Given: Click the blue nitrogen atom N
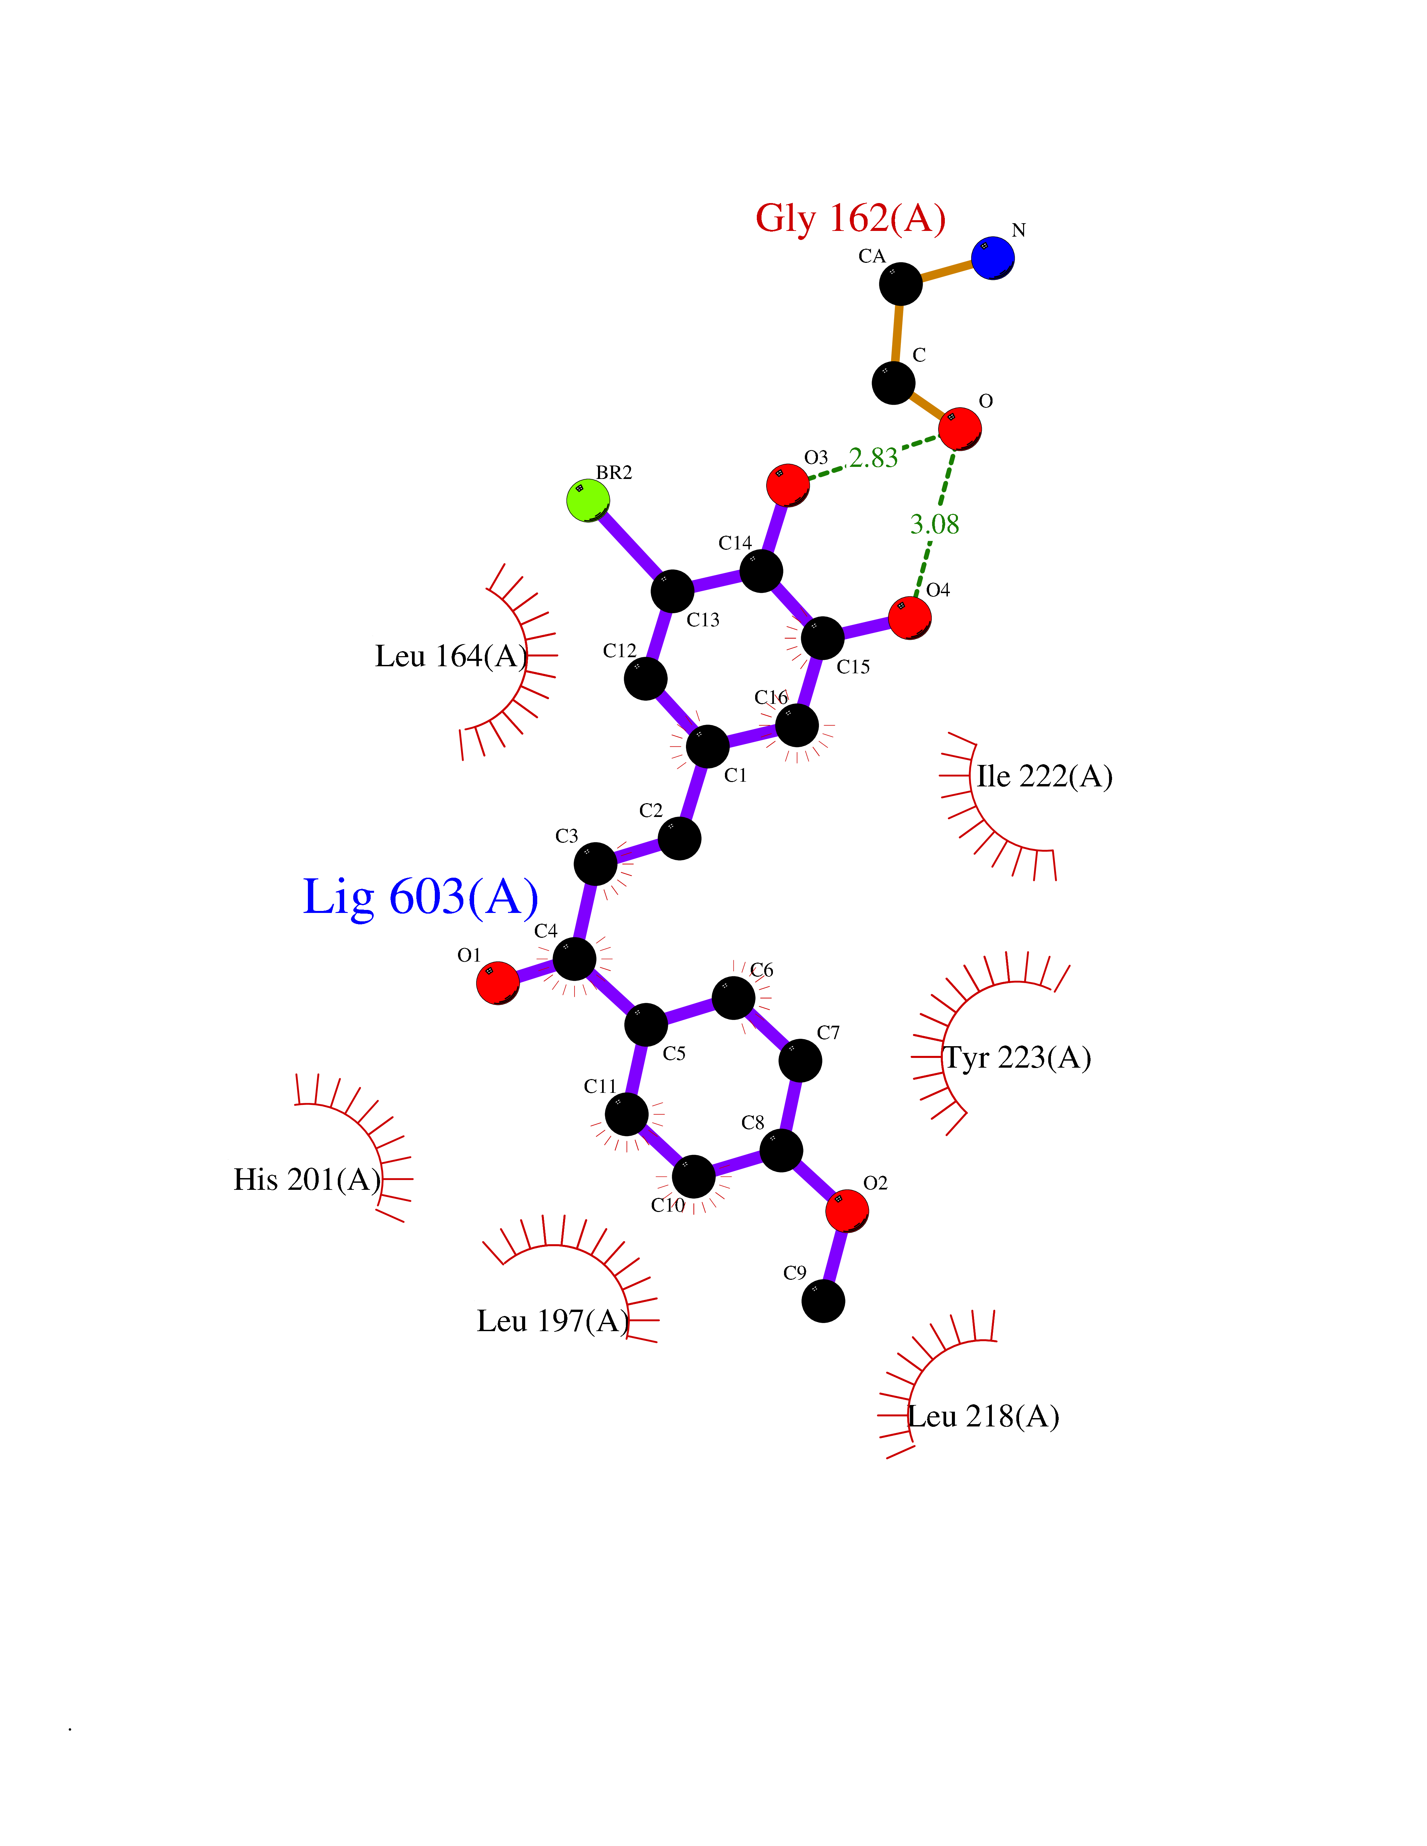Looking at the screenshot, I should point(993,258).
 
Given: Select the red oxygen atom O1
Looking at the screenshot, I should point(498,982).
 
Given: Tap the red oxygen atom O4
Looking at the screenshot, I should point(910,618).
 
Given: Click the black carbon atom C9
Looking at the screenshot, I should point(823,1301).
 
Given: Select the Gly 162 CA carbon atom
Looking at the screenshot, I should point(900,284).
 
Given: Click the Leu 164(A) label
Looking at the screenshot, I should point(451,656).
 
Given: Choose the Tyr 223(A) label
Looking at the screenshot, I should point(1017,1057).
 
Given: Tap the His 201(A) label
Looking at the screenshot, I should point(307,1179).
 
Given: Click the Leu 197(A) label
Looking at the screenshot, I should point(553,1320).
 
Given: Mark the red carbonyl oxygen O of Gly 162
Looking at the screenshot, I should point(960,429).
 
